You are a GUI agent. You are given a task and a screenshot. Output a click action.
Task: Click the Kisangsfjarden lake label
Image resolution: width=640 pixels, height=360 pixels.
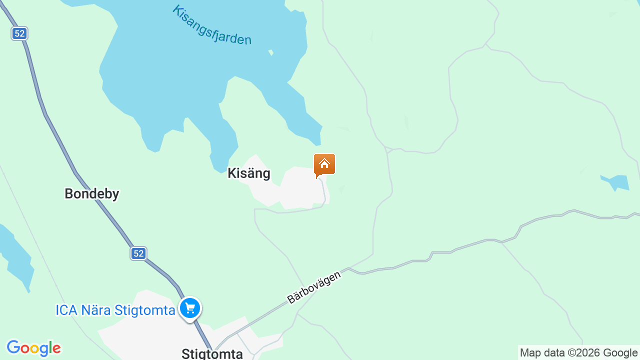point(211,25)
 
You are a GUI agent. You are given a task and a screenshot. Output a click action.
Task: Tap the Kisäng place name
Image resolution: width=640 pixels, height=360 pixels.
point(249,173)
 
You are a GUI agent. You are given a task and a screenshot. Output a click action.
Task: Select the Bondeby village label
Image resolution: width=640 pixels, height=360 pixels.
point(92,194)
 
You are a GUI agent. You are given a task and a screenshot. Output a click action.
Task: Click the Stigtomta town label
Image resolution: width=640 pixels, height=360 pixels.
point(212,354)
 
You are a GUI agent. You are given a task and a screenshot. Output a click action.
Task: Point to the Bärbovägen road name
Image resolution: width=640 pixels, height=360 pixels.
point(314,287)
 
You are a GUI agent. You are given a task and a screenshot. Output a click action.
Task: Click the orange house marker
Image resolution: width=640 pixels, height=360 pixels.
point(324,164)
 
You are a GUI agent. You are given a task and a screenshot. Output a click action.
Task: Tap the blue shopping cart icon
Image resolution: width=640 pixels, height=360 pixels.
point(190,308)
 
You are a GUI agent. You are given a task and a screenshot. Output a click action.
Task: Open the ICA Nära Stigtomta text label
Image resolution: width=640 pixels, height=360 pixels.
point(115,310)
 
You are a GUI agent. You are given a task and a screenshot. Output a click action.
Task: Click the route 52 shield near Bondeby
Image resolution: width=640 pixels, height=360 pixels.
point(138,253)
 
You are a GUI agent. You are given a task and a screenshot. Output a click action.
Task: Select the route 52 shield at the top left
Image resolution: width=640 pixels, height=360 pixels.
point(19,33)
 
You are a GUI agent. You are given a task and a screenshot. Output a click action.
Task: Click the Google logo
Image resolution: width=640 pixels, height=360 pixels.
point(33,348)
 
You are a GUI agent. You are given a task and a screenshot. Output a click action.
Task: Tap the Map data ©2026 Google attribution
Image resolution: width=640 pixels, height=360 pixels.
point(578,353)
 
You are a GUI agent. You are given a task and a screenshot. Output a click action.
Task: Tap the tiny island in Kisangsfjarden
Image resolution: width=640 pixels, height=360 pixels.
point(271,52)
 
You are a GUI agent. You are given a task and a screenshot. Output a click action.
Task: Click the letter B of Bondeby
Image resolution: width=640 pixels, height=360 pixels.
point(69,194)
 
